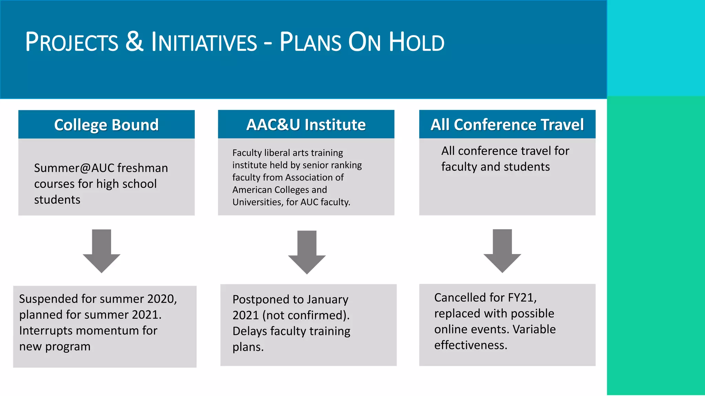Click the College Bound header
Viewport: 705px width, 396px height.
click(x=106, y=125)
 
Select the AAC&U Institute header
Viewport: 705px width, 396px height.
click(x=306, y=124)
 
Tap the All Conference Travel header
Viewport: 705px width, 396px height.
click(x=507, y=124)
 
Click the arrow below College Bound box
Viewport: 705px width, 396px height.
click(x=102, y=251)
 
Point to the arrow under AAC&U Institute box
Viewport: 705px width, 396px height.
click(x=307, y=252)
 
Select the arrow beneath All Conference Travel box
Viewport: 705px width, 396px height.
click(x=502, y=251)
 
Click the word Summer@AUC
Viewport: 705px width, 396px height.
click(x=74, y=168)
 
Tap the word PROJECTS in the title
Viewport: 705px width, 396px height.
click(x=72, y=42)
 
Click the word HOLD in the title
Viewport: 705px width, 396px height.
click(x=417, y=42)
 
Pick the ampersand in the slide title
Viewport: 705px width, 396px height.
click(x=134, y=42)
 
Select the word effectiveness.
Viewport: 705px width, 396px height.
click(x=471, y=345)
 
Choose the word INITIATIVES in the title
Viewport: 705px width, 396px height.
click(x=204, y=42)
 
